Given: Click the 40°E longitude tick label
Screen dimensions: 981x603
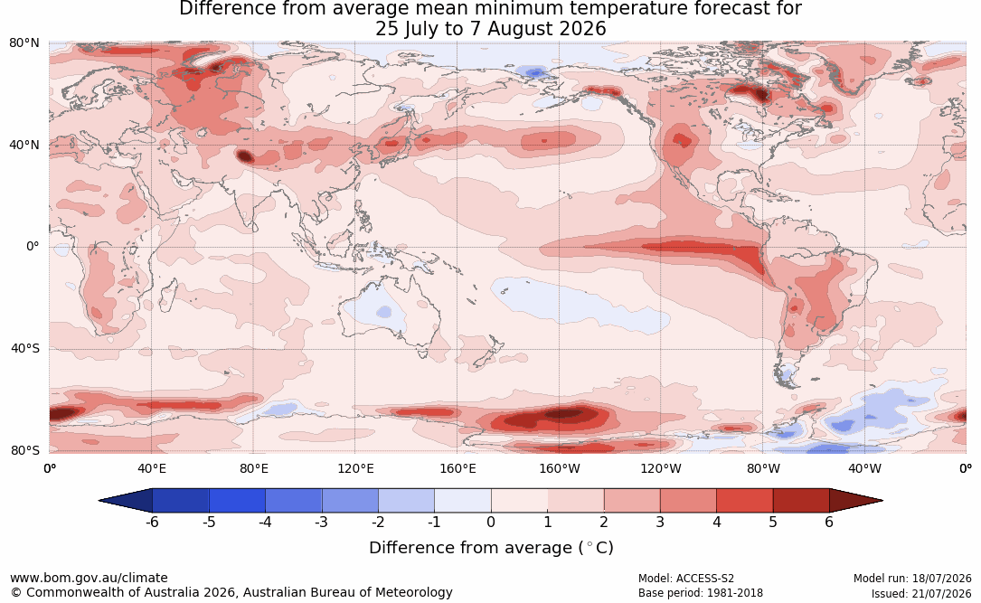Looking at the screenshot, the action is [x=151, y=468].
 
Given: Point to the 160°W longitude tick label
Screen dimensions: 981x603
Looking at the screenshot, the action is [x=560, y=468].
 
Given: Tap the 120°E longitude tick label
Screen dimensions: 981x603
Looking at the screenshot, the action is [x=355, y=468].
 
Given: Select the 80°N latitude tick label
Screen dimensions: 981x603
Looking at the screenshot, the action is [x=24, y=43].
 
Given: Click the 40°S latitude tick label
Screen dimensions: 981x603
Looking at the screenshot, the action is [x=24, y=348].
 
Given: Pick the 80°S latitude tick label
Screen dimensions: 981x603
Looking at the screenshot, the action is [x=24, y=450].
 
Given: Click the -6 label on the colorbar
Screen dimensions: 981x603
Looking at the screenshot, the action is [x=152, y=522].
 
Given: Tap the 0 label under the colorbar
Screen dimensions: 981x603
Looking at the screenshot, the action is [x=491, y=522].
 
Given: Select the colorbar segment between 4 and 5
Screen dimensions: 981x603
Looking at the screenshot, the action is [x=744, y=501].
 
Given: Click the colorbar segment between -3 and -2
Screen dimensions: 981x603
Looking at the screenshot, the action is [x=350, y=501].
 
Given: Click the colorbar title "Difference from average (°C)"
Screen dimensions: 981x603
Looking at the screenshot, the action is [x=491, y=548].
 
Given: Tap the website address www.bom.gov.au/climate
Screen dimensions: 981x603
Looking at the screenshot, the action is [x=89, y=578].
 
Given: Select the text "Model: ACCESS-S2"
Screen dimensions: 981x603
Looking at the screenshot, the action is [x=685, y=579].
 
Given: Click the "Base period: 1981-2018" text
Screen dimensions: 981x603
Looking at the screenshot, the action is [x=700, y=593].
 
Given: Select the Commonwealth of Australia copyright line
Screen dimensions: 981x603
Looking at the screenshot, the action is [x=231, y=592].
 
